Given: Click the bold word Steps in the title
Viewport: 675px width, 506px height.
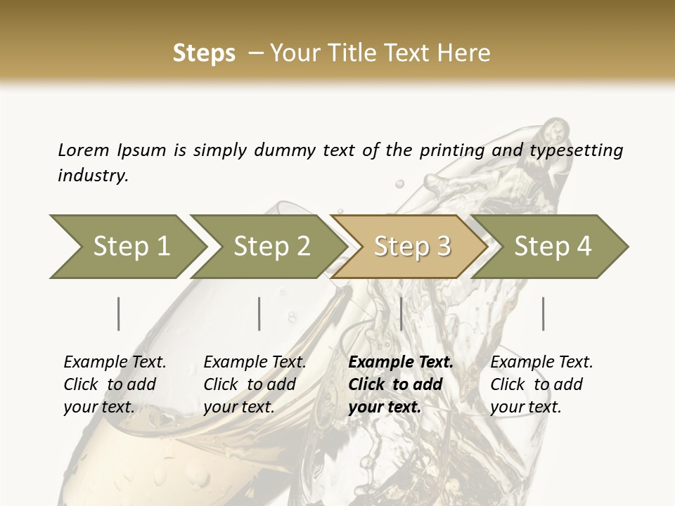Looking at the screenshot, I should (204, 53).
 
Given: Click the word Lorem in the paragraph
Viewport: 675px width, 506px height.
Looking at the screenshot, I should (83, 150).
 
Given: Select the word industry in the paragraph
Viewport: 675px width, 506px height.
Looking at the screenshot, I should (92, 176).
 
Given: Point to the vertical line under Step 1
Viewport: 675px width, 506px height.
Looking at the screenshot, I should (118, 313).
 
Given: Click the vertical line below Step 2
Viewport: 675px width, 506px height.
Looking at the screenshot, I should (259, 313).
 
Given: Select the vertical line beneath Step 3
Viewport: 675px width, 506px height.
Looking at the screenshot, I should (401, 313).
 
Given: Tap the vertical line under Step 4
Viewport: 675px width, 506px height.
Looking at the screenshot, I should (543, 313).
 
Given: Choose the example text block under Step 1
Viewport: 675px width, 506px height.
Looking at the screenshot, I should (114, 384).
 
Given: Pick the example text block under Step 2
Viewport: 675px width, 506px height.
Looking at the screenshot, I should (254, 384).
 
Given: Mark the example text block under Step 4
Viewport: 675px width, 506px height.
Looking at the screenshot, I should (541, 384).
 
